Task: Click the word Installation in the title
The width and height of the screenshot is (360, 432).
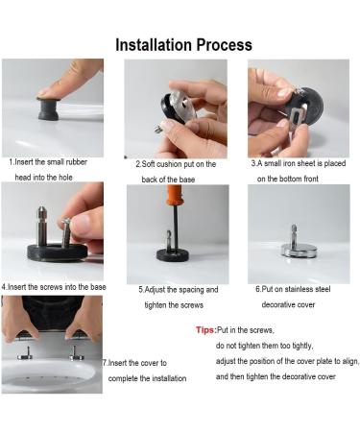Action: click(x=154, y=45)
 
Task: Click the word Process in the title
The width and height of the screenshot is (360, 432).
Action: click(x=225, y=45)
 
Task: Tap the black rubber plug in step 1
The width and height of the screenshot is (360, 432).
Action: click(x=49, y=108)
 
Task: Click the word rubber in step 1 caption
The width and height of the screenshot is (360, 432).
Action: click(x=77, y=162)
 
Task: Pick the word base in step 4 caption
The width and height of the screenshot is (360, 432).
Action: click(x=98, y=287)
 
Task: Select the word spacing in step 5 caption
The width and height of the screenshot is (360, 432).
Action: click(x=191, y=290)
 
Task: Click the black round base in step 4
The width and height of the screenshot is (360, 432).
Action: click(x=58, y=252)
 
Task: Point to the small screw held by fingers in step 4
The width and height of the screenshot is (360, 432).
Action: click(x=66, y=232)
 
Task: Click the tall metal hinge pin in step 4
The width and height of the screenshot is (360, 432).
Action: click(x=42, y=226)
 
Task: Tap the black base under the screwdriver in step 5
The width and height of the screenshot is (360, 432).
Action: click(x=173, y=254)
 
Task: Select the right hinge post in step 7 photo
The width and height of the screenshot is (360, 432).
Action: click(x=76, y=353)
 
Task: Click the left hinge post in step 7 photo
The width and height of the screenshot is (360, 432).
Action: click(x=27, y=353)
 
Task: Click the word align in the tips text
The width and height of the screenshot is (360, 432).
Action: click(x=350, y=361)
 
